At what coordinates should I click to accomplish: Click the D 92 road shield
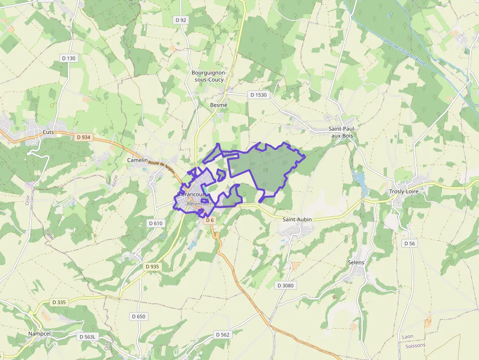point(181,20)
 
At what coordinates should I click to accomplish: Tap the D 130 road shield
point(69,58)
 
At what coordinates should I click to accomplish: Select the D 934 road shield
point(84,137)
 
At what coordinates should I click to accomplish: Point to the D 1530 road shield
point(258,95)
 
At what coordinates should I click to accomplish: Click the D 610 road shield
point(155,223)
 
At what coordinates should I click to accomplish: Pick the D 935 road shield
point(153,267)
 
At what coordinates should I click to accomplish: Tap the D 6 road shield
point(210,220)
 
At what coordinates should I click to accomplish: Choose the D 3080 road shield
point(285,285)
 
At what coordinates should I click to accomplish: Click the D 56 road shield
point(409,243)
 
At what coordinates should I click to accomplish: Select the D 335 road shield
point(59,302)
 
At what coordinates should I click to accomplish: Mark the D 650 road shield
point(138,317)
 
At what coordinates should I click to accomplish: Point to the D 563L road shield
point(88,337)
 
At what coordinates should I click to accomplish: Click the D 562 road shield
point(222,335)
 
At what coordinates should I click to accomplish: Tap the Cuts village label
point(48,132)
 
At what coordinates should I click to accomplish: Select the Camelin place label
point(137,160)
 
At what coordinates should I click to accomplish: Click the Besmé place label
point(218,105)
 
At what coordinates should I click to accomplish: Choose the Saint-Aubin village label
point(297,220)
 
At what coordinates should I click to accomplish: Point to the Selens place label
point(356,263)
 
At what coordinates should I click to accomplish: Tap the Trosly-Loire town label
point(404,191)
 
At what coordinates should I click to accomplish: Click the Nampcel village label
point(39,334)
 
